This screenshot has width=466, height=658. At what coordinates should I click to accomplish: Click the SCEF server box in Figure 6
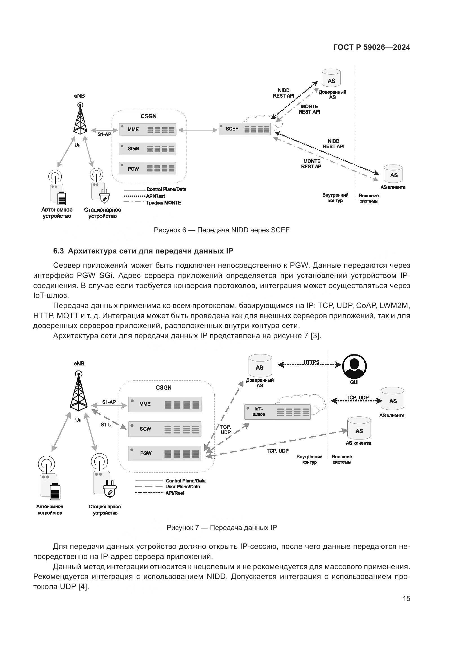[245, 129]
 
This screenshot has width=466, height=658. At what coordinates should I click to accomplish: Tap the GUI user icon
[354, 366]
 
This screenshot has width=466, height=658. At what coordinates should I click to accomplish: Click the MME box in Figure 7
[165, 404]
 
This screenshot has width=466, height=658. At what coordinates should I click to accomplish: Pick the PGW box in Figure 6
[147, 169]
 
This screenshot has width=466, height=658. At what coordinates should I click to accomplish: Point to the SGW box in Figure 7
[165, 429]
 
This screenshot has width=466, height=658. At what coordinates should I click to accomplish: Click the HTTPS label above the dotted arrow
[311, 362]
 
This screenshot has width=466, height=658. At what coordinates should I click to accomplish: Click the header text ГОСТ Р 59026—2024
[372, 48]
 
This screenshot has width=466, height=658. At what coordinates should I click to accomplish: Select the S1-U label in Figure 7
[106, 425]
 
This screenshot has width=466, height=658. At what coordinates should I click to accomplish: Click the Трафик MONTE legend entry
[164, 203]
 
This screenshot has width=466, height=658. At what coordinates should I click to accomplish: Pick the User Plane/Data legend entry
[183, 487]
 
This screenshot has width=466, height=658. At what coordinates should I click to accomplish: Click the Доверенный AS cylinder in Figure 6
[331, 78]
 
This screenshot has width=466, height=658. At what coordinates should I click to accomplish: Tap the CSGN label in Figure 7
[164, 387]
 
